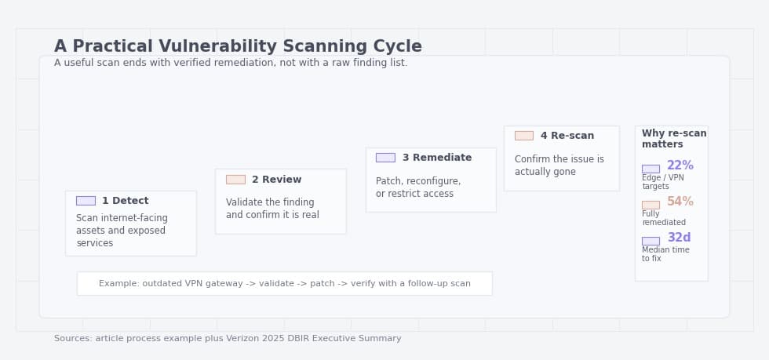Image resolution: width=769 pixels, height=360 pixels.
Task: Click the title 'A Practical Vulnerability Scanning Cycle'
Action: point(238,47)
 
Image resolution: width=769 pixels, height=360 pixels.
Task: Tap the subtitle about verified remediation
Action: point(231,63)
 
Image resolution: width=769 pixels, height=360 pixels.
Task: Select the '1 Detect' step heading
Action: point(125,201)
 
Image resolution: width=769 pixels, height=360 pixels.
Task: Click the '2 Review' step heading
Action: point(276,180)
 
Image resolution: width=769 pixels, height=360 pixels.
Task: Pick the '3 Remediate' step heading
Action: point(436,158)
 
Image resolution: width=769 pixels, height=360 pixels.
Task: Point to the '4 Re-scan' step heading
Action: point(567,136)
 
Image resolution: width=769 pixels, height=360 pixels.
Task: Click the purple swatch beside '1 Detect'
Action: point(86,201)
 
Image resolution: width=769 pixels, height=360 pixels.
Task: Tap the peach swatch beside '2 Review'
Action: point(235,180)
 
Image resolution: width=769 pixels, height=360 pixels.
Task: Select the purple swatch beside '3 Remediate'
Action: point(385,158)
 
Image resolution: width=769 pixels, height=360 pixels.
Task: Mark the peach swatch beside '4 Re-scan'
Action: point(524,136)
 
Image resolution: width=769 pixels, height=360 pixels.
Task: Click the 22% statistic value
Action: point(680,166)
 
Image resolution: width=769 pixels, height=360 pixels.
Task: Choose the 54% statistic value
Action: point(680,202)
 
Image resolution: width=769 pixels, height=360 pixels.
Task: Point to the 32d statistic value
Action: point(679,238)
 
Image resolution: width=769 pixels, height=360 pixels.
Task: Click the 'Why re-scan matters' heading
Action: point(673,139)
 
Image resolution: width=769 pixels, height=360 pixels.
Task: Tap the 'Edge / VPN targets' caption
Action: point(663,182)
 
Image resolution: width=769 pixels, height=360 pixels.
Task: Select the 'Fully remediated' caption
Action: point(663,218)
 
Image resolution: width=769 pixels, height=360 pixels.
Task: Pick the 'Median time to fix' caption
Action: point(665,254)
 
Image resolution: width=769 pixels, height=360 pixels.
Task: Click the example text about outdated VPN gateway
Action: point(285,284)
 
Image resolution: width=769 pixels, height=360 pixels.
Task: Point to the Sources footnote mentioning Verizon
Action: point(228,339)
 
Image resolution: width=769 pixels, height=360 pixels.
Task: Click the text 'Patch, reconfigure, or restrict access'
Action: point(418,187)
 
